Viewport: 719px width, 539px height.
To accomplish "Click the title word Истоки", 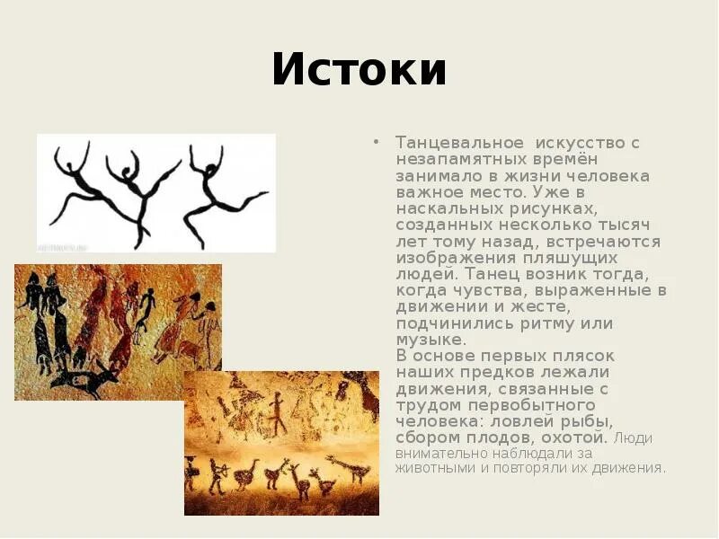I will pyautogui.click(x=359, y=70).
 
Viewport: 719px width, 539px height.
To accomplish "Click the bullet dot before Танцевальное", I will pyautogui.click(x=377, y=144).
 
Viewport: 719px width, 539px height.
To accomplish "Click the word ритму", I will pyautogui.click(x=542, y=323).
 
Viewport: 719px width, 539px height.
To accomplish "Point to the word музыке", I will pyautogui.click(x=431, y=339).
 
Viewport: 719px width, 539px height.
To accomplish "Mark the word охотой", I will pyautogui.click(x=573, y=437).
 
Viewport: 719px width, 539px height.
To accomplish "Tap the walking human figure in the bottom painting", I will pyautogui.click(x=277, y=416).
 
